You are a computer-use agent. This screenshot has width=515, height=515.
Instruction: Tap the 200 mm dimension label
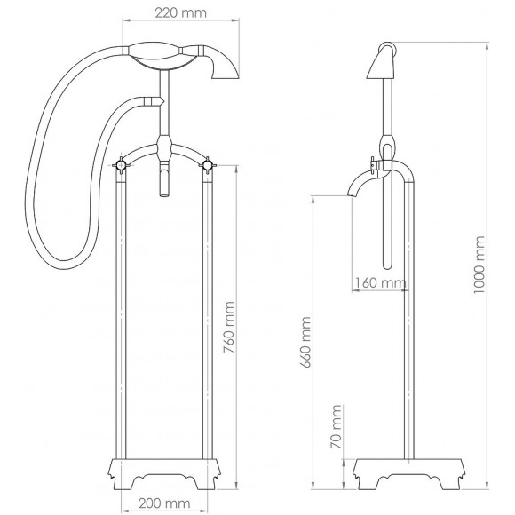coord(165,503)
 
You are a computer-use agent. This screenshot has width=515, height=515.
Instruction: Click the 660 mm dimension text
coord(307,349)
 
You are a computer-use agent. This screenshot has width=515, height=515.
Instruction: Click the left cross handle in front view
coord(120,164)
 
